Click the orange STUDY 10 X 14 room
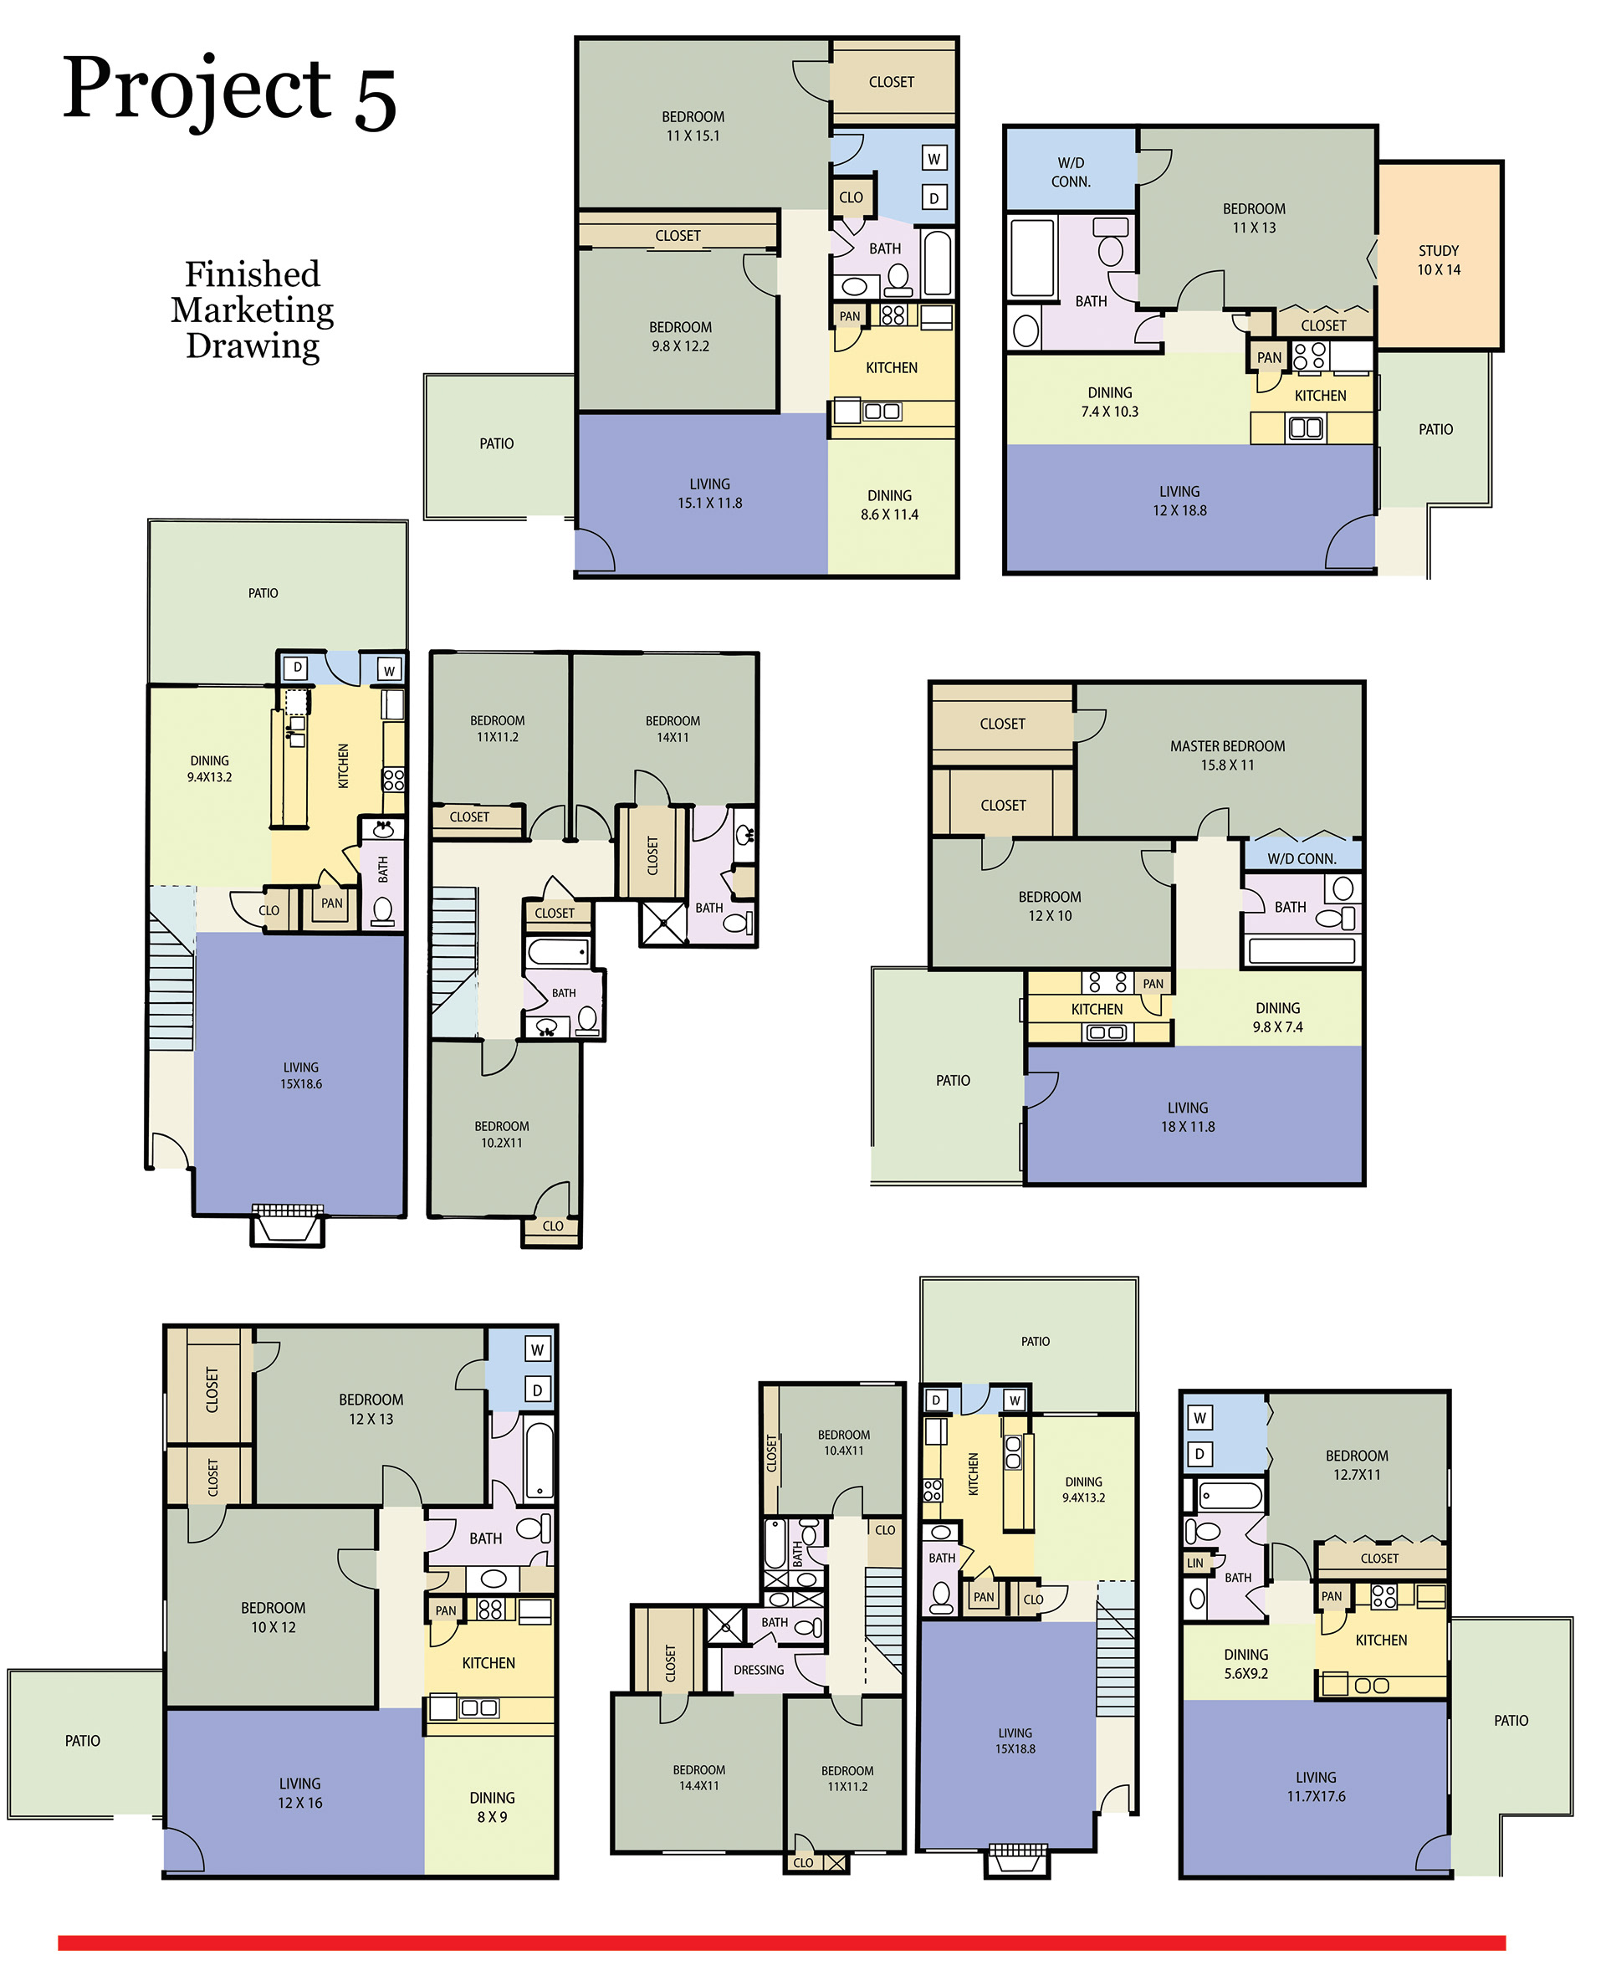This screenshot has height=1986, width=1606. pos(1439,256)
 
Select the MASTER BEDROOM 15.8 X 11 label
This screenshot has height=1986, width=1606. pos(1227,755)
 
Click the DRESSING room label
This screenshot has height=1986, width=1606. pos(759,1670)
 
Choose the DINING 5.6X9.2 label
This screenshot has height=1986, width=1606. pos(1246,1663)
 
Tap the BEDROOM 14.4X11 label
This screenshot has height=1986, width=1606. pos(698,1777)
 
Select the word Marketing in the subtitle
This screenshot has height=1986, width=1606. pos(253,310)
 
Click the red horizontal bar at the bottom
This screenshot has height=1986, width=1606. pos(782,1942)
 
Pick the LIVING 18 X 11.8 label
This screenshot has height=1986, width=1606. pos(1188,1117)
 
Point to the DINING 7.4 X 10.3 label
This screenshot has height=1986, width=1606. pos(1109,402)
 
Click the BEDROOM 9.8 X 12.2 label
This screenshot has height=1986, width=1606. pos(680,336)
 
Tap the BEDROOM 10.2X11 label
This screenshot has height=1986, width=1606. pos(501,1134)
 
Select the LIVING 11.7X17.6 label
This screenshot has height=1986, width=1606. pos(1316,1786)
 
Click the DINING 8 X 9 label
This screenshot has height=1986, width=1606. pos(491,1806)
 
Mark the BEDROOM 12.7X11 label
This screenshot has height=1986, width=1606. pos(1356,1464)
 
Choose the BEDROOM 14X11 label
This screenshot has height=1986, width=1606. pos(673,729)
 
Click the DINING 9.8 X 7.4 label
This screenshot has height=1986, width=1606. pos(1277,1016)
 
